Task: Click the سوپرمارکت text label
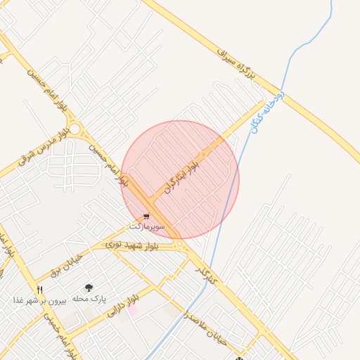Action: pyautogui.click(x=146, y=227)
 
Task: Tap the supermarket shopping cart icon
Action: pyautogui.click(x=146, y=217)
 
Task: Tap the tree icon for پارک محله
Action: pyautogui.click(x=89, y=288)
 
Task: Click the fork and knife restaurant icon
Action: pyautogui.click(x=40, y=289)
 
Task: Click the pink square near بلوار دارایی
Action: pyautogui.click(x=133, y=310)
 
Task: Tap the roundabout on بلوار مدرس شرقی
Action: pyautogui.click(x=75, y=129)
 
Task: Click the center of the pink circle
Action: pyautogui.click(x=180, y=179)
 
